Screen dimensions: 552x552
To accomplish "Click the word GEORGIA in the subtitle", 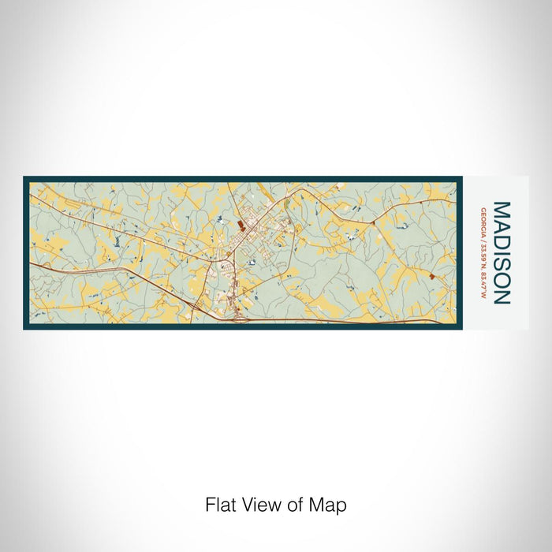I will point(482,222).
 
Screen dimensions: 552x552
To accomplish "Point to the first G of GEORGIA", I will point(482,210).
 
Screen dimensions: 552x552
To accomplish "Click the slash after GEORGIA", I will point(482,237).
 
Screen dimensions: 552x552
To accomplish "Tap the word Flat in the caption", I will point(220,505).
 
